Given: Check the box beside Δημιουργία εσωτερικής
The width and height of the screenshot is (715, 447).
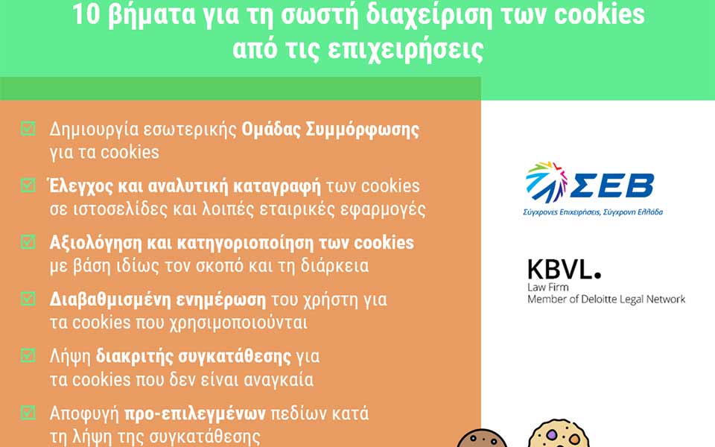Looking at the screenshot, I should click(x=28, y=129).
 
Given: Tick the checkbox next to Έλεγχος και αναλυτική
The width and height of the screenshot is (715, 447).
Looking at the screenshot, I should click(x=28, y=185).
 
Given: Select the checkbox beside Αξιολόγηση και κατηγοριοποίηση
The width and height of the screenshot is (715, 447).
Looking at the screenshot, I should click(x=28, y=242).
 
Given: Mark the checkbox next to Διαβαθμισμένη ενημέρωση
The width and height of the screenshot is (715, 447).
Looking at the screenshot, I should click(x=28, y=299).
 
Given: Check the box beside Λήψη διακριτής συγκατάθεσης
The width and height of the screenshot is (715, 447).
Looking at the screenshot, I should click(x=28, y=356).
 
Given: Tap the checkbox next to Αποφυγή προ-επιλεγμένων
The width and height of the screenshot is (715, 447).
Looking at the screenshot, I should click(x=28, y=412).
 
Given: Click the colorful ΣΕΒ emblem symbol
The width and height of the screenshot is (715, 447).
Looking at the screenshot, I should click(x=546, y=181).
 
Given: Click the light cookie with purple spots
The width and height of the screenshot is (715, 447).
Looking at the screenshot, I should click(x=558, y=435).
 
